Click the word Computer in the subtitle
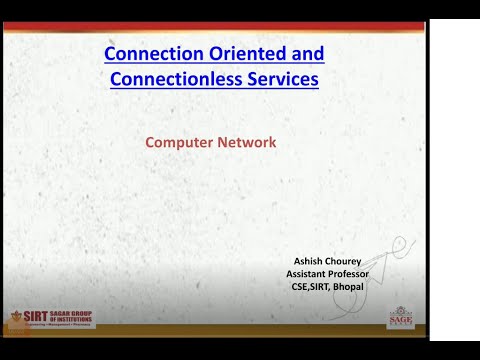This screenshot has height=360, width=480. coord(178,142)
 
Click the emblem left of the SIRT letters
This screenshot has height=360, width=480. coord(17,318)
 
